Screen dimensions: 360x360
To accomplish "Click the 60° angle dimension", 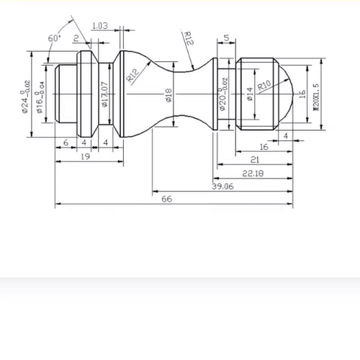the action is coord(55,38).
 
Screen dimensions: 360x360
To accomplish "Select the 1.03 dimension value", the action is coord(100,26).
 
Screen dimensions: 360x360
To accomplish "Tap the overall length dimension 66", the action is coord(167,199).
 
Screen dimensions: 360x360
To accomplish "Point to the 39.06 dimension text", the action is coord(222,186).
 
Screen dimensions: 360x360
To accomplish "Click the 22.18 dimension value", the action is coord(253,174).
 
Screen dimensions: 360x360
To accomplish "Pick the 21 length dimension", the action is coord(255,160).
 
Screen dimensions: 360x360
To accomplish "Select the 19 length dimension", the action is coord(86,156).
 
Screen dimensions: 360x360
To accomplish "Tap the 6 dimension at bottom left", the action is coord(66,143).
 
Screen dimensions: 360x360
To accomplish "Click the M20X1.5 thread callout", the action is coord(317,97).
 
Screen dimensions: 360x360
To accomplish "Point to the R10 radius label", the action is coord(264,85).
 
